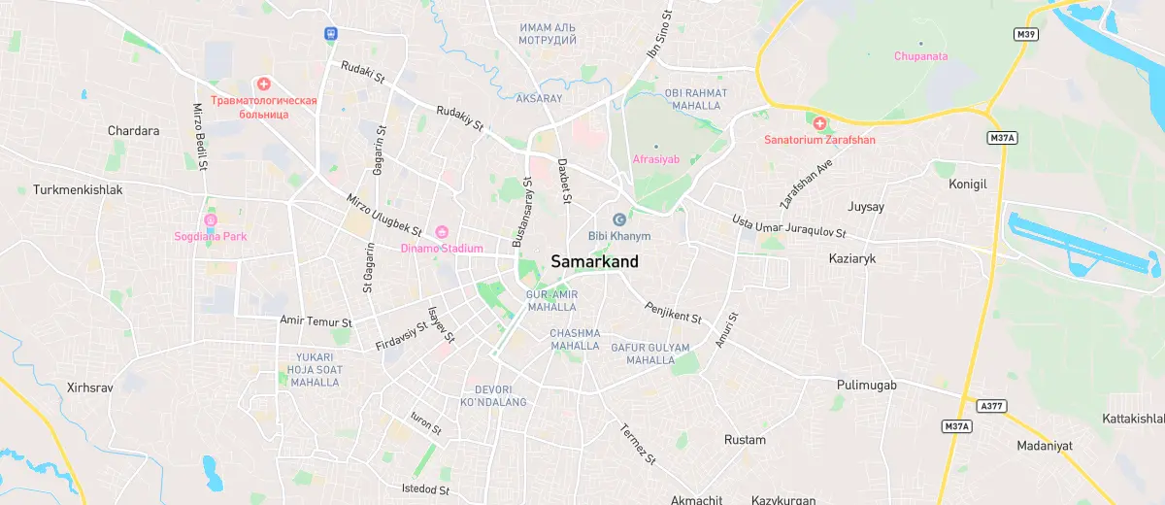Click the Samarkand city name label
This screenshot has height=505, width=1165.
(x=594, y=262)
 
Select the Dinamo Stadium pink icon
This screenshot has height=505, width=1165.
(x=442, y=232)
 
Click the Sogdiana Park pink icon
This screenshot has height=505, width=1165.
(x=209, y=219)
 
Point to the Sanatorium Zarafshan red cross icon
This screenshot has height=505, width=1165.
(x=818, y=123)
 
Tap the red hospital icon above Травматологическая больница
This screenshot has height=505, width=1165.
(x=263, y=84)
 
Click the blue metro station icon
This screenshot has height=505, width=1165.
(x=331, y=33)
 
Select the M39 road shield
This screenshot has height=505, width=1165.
(x=1025, y=35)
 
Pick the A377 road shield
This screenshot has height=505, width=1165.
(x=989, y=407)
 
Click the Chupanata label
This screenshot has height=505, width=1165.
(x=920, y=56)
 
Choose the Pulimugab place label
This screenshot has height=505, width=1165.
(x=866, y=386)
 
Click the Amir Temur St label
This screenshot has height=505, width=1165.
(x=315, y=320)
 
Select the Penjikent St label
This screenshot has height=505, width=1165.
(x=673, y=311)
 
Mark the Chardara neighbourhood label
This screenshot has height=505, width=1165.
(x=133, y=131)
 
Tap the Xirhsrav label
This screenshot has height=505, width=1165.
(x=90, y=387)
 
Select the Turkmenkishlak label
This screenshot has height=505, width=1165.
(x=78, y=190)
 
